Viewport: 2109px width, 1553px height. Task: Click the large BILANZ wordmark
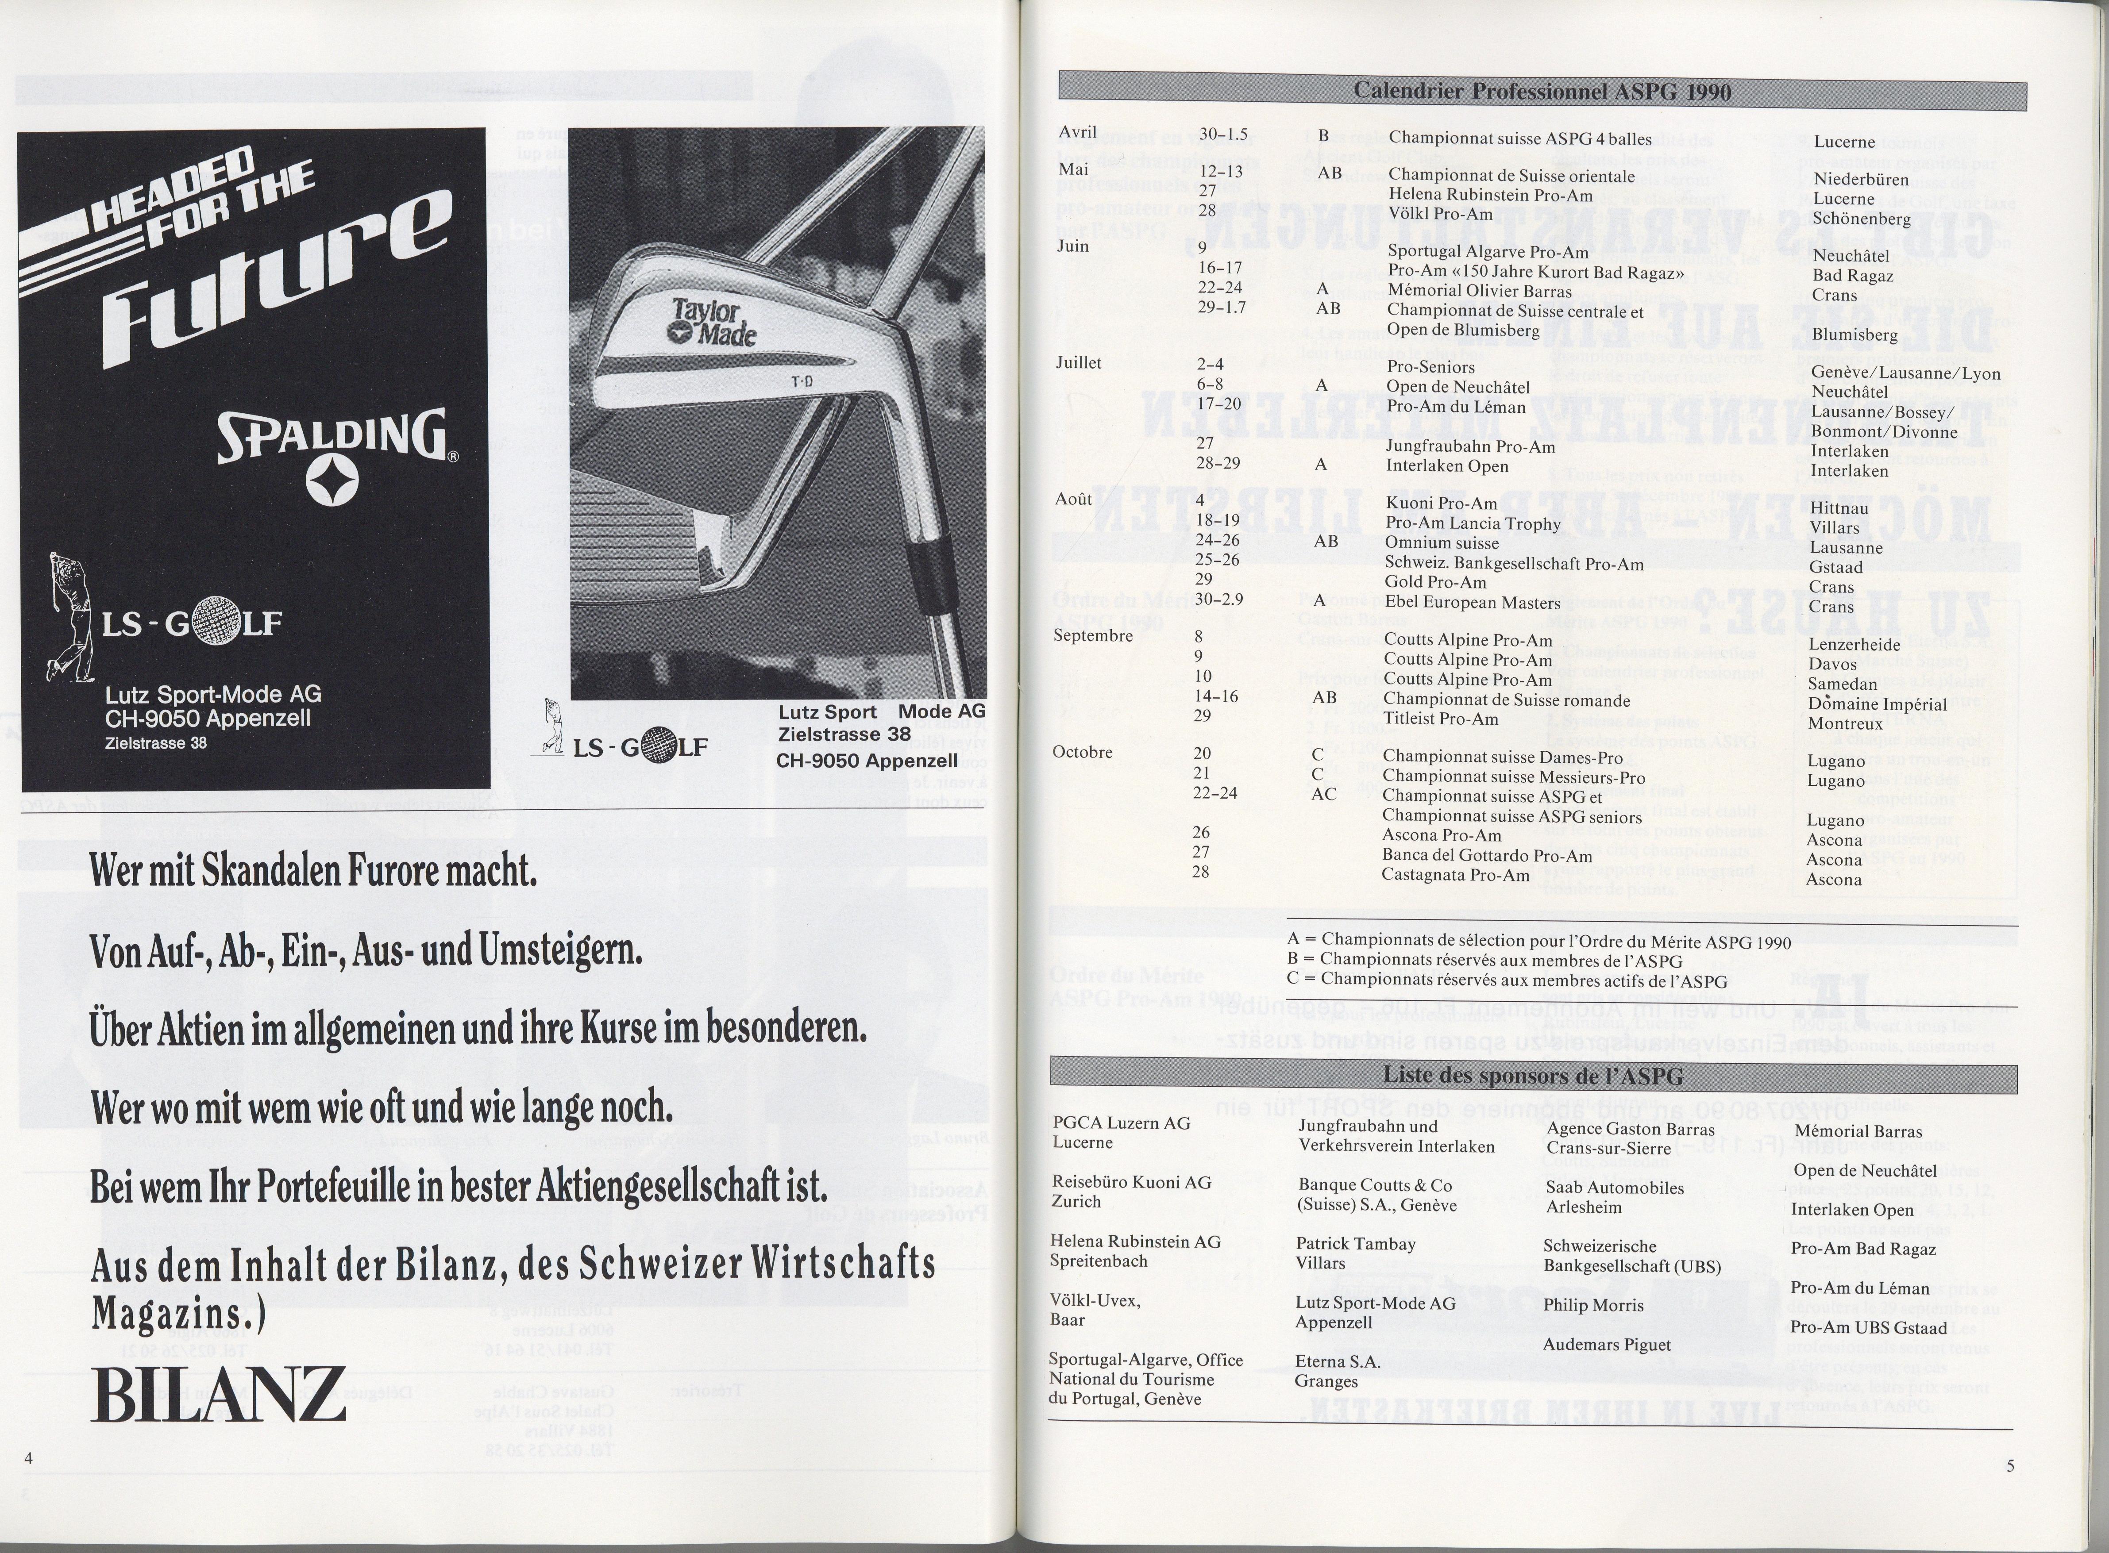tap(218, 1394)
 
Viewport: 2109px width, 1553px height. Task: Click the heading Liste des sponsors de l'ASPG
tap(1533, 1076)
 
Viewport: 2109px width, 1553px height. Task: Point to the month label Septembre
tap(1093, 635)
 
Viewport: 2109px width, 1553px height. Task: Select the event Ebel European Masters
tap(1459, 603)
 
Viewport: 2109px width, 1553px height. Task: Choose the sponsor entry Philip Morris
tap(1593, 1305)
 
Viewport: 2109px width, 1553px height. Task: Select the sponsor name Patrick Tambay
tap(1355, 1244)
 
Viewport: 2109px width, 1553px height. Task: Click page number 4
tap(29, 1458)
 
